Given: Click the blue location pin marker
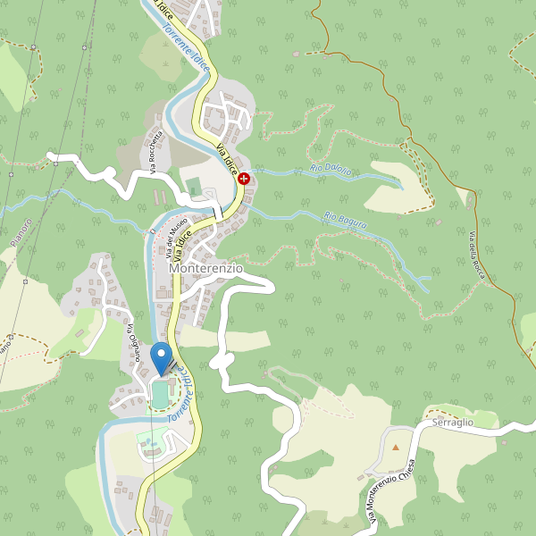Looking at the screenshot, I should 162,357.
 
